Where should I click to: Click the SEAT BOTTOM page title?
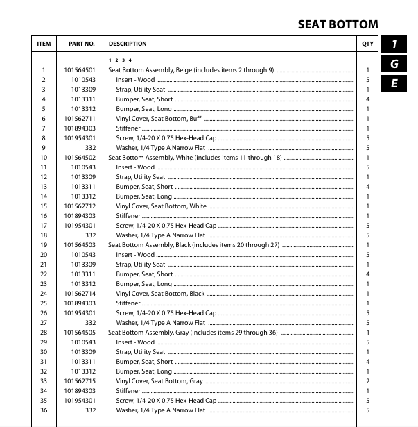click(x=338, y=24)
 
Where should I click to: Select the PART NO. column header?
click(x=81, y=44)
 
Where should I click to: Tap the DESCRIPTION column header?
click(x=128, y=44)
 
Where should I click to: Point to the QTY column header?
click(x=367, y=44)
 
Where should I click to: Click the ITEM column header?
click(x=44, y=44)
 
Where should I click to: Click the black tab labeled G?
click(x=394, y=64)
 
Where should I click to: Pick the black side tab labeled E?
click(x=394, y=83)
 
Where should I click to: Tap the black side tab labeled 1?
click(x=394, y=44)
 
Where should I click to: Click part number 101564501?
click(x=80, y=70)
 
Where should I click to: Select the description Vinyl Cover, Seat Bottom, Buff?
click(x=158, y=119)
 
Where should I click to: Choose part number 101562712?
click(x=80, y=206)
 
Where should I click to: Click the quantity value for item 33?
click(x=367, y=381)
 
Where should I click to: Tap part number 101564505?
click(x=80, y=333)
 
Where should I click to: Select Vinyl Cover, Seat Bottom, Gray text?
click(x=159, y=381)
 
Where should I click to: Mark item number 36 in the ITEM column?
click(x=43, y=410)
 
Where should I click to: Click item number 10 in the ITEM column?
click(x=43, y=158)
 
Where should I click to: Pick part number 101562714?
click(x=80, y=294)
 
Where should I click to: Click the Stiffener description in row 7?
click(x=128, y=128)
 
